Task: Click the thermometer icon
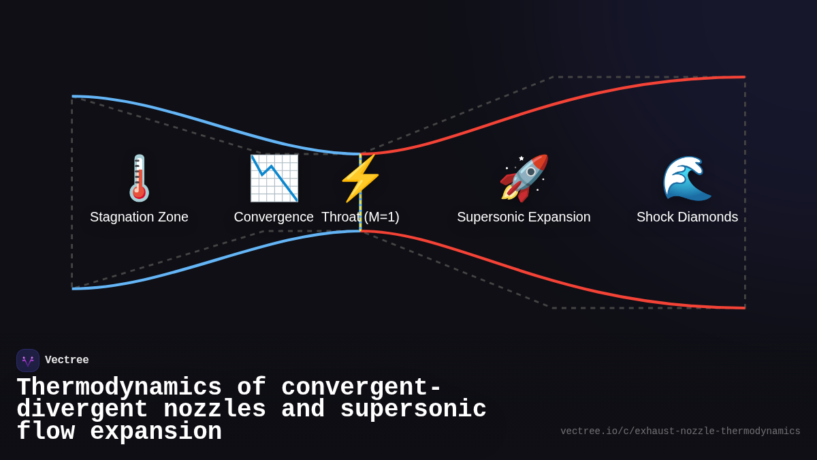[x=139, y=178]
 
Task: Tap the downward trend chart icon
[x=274, y=178]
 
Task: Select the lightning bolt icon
[x=360, y=178]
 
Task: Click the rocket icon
[x=524, y=178]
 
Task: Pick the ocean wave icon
[x=687, y=178]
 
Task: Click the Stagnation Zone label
[x=139, y=217]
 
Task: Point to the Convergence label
[x=274, y=217]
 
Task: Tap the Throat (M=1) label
[x=360, y=217]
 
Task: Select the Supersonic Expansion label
[x=524, y=217]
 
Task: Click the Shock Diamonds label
[x=687, y=217]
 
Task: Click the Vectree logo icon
[x=28, y=361]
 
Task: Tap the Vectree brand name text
[x=67, y=361]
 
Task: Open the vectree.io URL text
[x=680, y=431]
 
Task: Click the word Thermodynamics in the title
[x=119, y=387]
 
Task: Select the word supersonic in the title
[x=413, y=409]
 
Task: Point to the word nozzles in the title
[x=214, y=409]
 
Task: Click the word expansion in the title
[x=156, y=432]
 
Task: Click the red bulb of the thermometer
[x=140, y=193]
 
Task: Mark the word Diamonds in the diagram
[x=708, y=217]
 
